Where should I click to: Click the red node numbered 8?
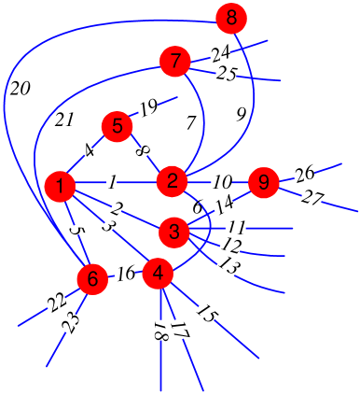click(x=231, y=17)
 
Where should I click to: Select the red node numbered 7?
click(x=174, y=62)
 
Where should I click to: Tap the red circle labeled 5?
click(x=117, y=125)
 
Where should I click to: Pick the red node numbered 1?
click(x=60, y=187)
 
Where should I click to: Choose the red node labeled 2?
click(x=172, y=181)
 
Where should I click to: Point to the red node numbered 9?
click(x=264, y=183)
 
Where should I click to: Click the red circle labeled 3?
click(x=174, y=230)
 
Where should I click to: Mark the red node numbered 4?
click(x=159, y=274)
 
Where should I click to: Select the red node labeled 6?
click(x=91, y=278)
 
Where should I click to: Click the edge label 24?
click(x=220, y=53)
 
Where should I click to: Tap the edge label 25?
click(x=227, y=74)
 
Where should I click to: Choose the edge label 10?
click(x=222, y=181)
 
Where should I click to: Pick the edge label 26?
click(x=305, y=175)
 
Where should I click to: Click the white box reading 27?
click(x=312, y=198)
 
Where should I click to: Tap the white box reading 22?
click(x=56, y=303)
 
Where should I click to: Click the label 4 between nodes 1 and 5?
click(x=88, y=149)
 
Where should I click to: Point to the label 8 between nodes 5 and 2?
click(x=143, y=149)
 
